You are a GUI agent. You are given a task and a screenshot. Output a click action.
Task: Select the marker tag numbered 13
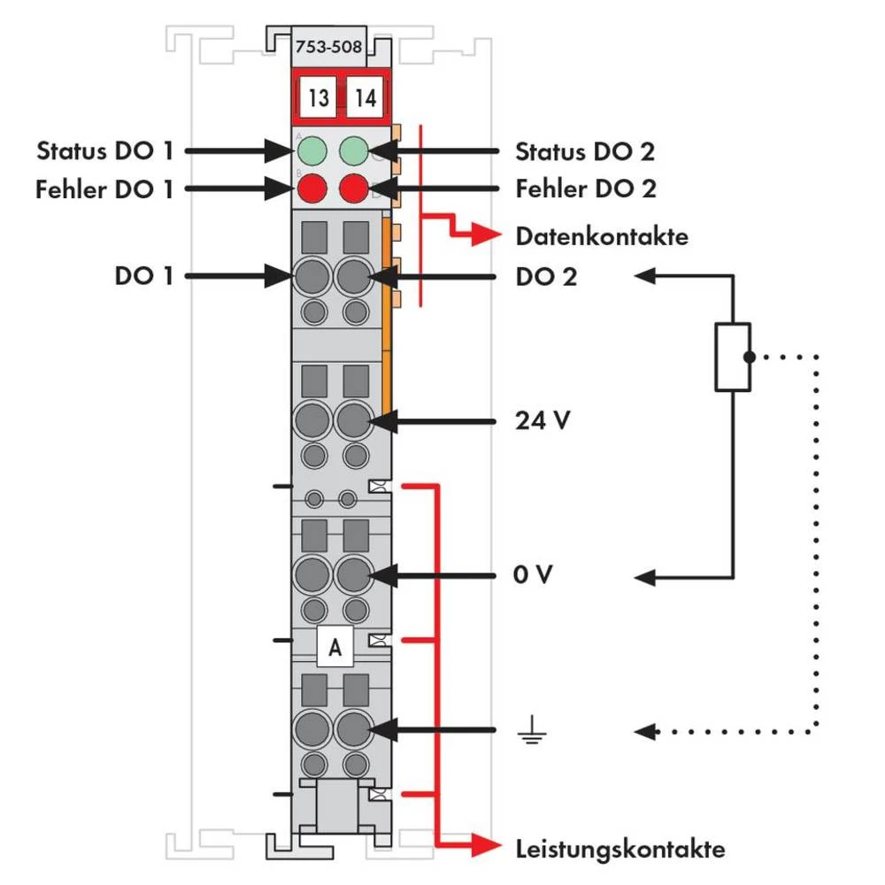tap(319, 97)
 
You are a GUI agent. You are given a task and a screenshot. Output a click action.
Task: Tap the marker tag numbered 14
tap(365, 97)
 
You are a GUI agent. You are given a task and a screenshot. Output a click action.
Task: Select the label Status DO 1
tap(104, 150)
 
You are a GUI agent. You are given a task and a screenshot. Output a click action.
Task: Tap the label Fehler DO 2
tap(586, 188)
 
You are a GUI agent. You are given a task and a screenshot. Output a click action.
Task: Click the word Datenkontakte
tap(602, 236)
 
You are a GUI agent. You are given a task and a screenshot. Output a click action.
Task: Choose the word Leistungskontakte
tap(620, 850)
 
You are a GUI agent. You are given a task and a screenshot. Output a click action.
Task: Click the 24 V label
tap(543, 420)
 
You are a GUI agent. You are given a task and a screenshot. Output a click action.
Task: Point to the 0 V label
tap(534, 576)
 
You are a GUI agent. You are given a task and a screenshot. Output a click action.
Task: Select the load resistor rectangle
tap(733, 357)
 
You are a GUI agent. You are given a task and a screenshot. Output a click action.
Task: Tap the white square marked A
tap(335, 648)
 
